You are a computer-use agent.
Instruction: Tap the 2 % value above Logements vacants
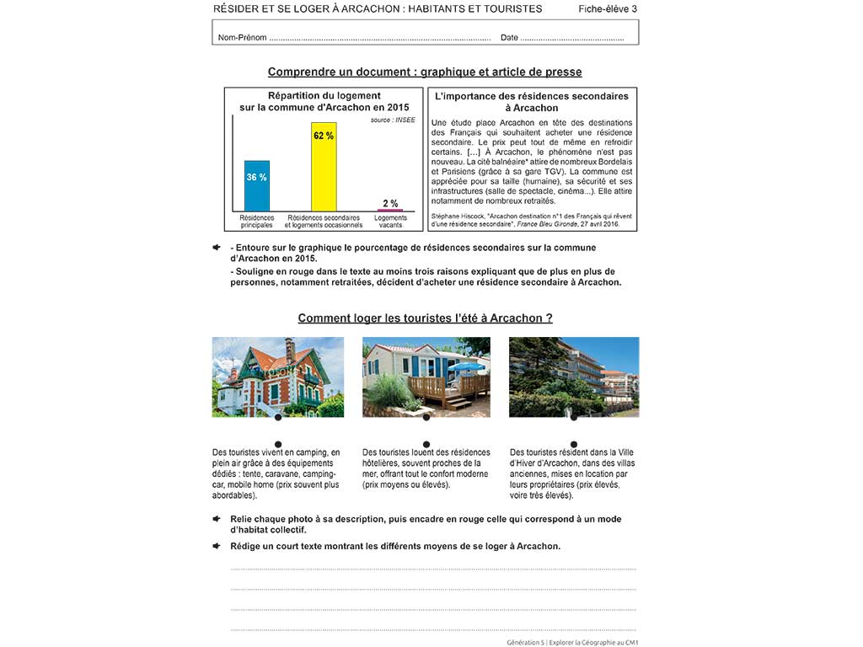coord(390,203)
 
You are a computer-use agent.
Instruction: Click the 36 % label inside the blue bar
coord(257,177)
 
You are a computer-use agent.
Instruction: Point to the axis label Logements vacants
coord(390,222)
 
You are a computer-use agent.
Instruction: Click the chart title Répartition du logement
coord(324,96)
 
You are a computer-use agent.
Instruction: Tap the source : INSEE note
coord(393,120)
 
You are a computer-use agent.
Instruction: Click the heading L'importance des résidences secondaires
coord(532,97)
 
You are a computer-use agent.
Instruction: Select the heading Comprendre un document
coord(425,72)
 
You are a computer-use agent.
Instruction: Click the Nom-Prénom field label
coord(242,38)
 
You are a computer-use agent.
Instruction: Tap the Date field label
coord(509,38)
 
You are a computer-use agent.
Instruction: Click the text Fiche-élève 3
coord(608,9)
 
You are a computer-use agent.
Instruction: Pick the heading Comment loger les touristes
coord(425,318)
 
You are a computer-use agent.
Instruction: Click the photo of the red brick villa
coord(278,377)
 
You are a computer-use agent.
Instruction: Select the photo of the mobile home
coord(426,377)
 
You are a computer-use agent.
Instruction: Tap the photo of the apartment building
coord(574,377)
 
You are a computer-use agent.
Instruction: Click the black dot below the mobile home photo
coord(426,417)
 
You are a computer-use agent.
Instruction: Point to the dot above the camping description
coord(278,444)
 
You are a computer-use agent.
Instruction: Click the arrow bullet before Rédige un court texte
coord(217,545)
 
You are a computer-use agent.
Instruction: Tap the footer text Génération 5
coord(526,642)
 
